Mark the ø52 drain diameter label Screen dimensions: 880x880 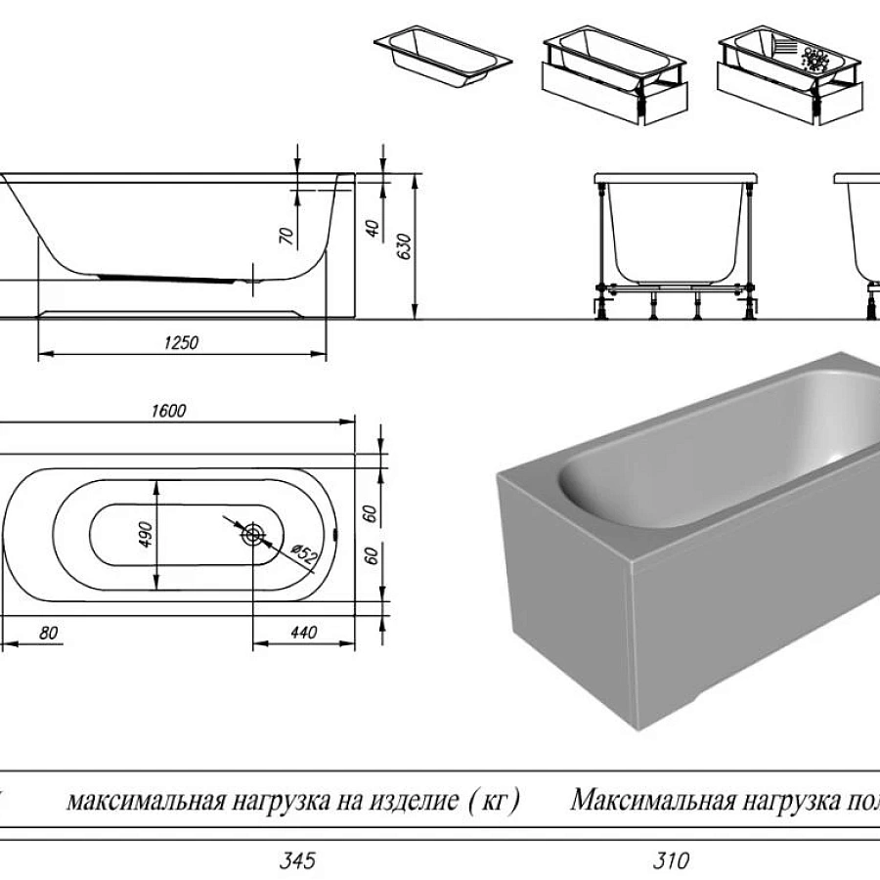pyautogui.click(x=305, y=557)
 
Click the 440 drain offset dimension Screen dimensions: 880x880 pyautogui.click(x=304, y=634)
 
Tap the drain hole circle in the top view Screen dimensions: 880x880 pyautogui.click(x=253, y=534)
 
